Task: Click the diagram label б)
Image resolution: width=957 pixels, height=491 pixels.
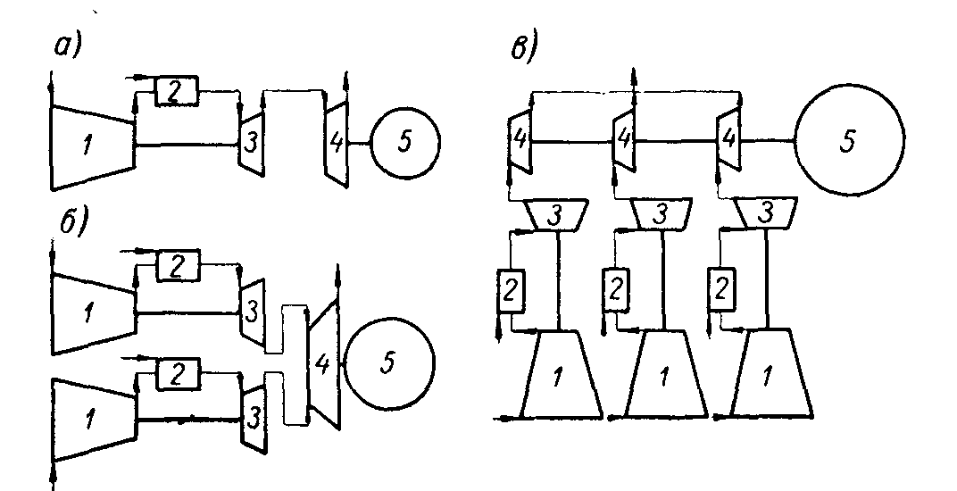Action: (x=68, y=223)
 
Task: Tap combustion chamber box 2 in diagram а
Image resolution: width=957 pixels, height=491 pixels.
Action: (x=177, y=89)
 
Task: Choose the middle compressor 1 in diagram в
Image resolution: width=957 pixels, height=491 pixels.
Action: (x=662, y=375)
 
